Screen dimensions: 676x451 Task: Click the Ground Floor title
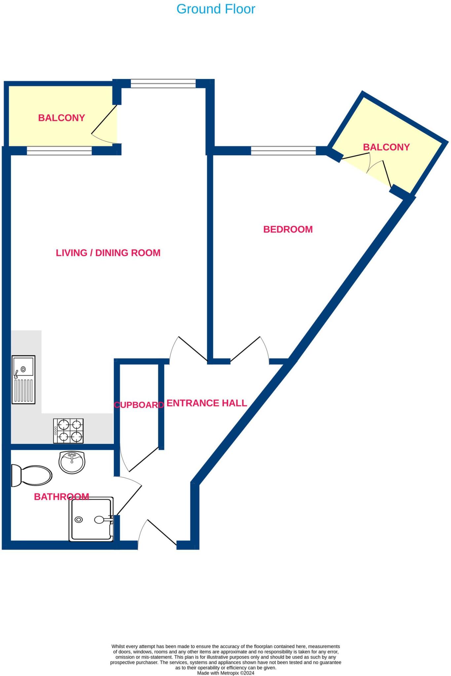[216, 9]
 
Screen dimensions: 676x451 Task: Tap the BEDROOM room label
[288, 229]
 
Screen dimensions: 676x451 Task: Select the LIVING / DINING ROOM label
[108, 253]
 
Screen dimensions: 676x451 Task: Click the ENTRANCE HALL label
[207, 403]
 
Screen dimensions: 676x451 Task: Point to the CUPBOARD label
[139, 405]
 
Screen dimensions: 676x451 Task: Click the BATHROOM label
[61, 496]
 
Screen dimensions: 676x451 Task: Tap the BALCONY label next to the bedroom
[386, 147]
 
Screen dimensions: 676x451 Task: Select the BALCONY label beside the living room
[61, 118]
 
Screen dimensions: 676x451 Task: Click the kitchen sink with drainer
[23, 380]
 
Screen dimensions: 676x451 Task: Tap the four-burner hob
[68, 431]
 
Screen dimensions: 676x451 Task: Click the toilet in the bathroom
[31, 476]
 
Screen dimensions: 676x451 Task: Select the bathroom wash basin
[72, 462]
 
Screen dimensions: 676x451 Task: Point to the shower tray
[91, 520]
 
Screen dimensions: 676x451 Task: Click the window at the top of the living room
[163, 84]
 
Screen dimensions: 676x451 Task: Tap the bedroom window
[283, 151]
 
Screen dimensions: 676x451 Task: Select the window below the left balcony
[59, 151]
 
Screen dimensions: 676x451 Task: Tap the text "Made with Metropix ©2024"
[226, 673]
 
